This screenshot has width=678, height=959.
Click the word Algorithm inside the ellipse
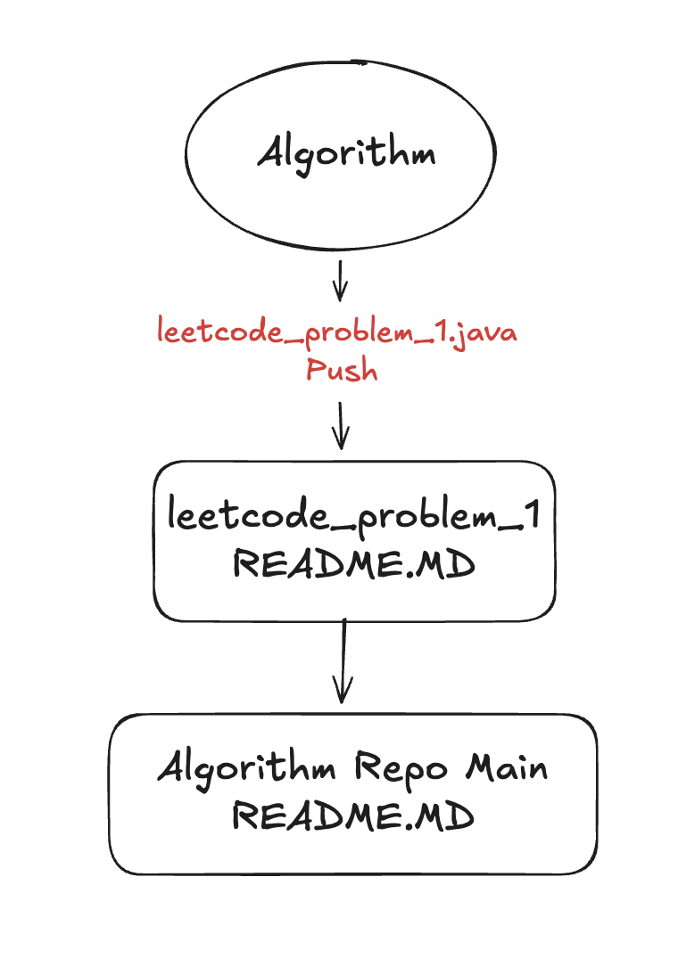pos(347,153)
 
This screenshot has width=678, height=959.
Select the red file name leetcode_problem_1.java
pos(337,333)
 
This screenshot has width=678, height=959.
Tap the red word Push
pos(342,369)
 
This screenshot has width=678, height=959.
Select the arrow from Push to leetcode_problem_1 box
pos(340,426)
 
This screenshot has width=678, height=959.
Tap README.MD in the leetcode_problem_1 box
pos(352,564)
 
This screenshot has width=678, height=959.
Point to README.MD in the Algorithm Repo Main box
pos(352,816)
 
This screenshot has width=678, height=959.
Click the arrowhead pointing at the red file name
pos(339,293)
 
